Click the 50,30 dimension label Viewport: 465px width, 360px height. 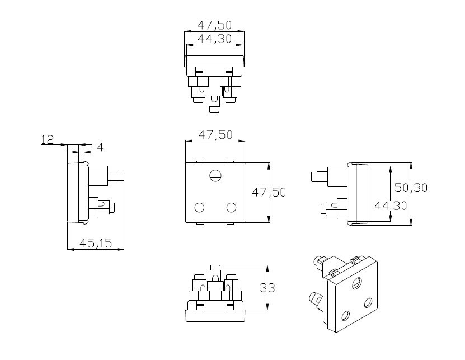[x=411, y=188]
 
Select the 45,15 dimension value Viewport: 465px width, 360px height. [x=96, y=244]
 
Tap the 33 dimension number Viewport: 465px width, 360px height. [x=267, y=288]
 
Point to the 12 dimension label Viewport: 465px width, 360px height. [x=47, y=139]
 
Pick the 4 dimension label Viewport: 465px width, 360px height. [x=100, y=147]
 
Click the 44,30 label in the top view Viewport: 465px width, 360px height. [x=214, y=39]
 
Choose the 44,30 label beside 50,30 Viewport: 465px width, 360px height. [x=391, y=205]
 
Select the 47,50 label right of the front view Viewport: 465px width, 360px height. [x=269, y=192]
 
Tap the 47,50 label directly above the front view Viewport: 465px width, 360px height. [x=215, y=135]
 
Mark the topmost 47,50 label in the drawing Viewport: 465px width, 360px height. [x=214, y=25]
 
